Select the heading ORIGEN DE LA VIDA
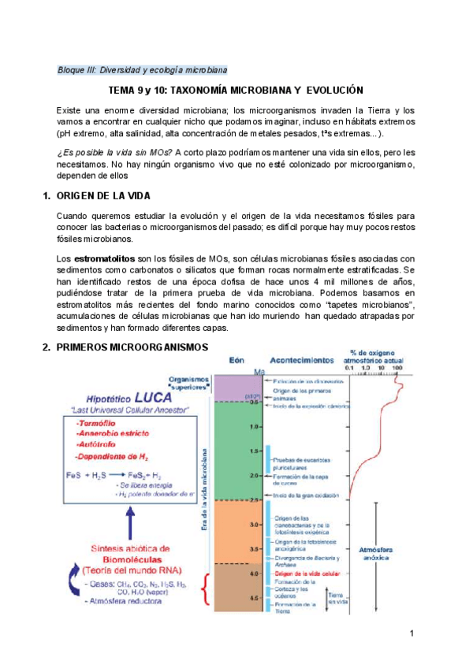110,195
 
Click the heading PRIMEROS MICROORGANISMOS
133,347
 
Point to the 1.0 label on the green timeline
255,426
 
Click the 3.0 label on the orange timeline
255,524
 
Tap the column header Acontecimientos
301,358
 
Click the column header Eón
236,358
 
